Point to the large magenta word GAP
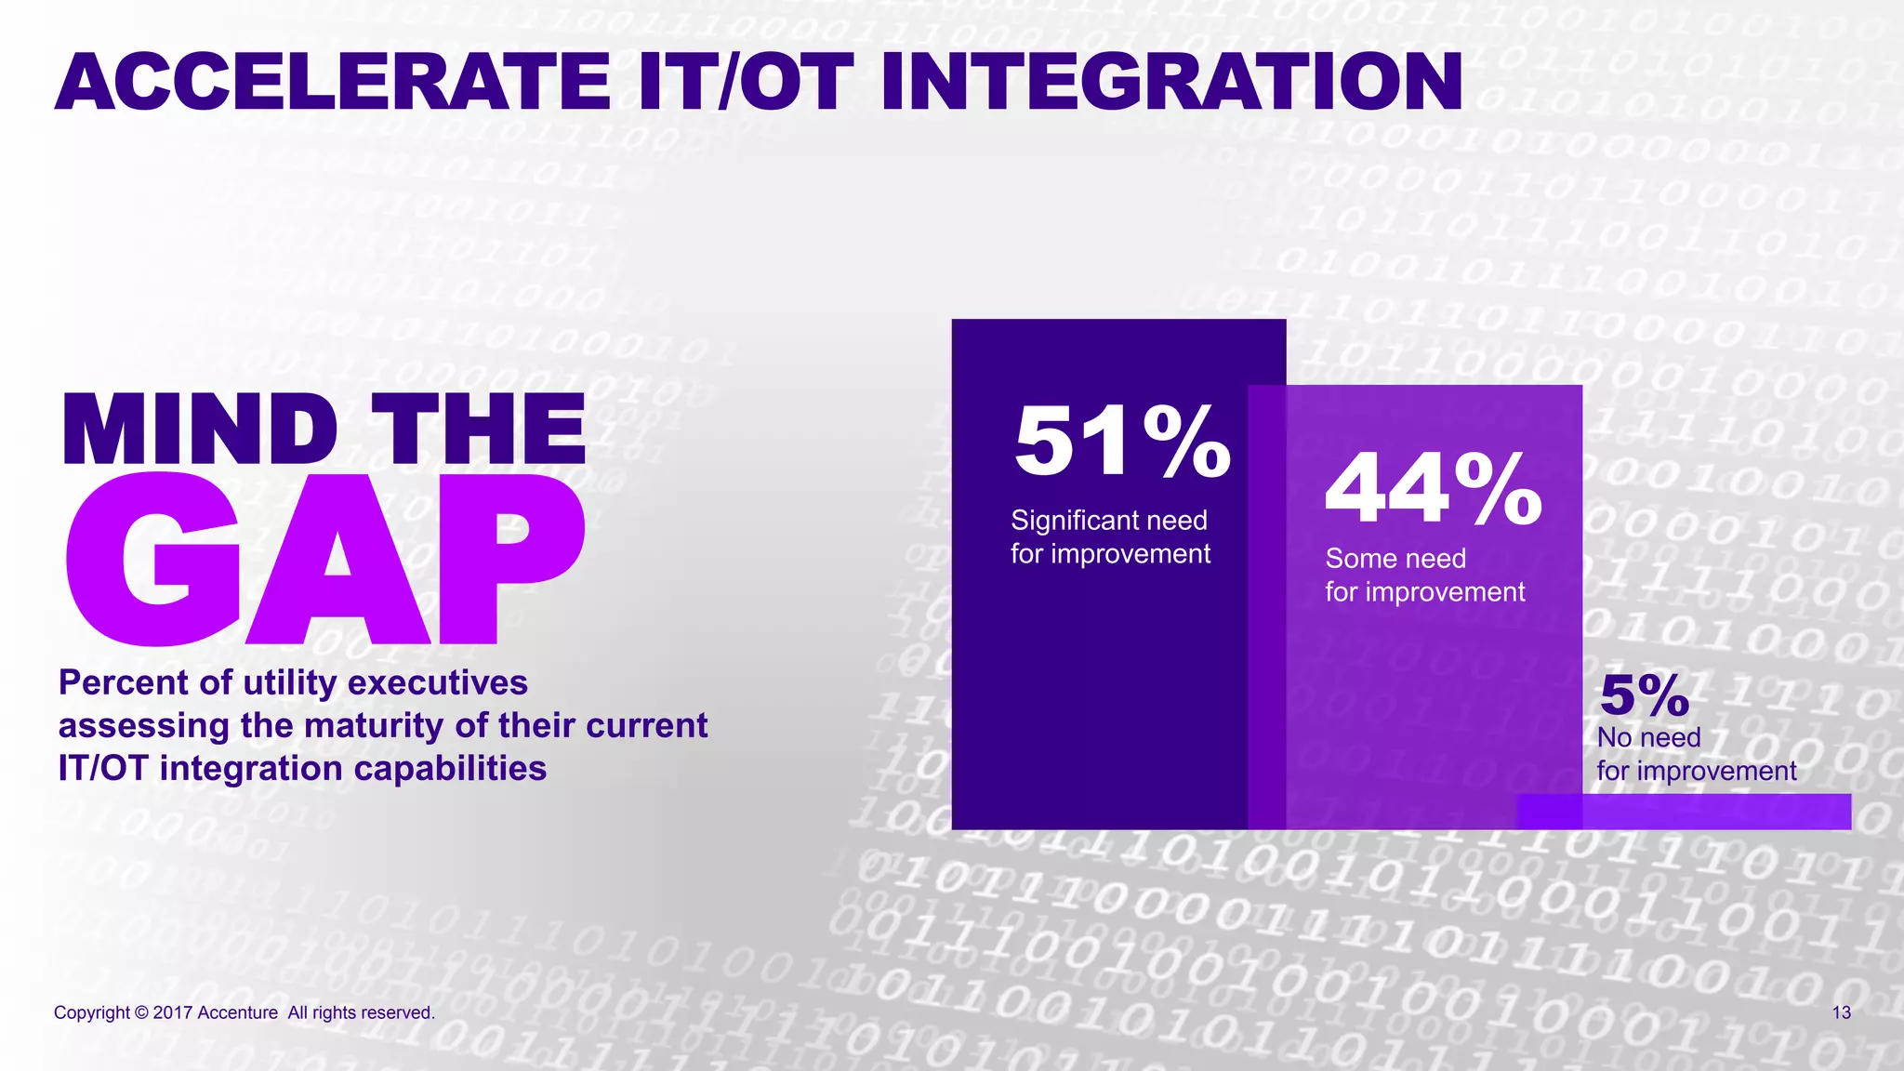pos(325,560)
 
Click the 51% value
pos(1122,442)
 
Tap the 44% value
pos(1434,489)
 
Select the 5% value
pos(1644,695)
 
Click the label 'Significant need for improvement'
pos(1110,537)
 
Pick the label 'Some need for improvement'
pos(1424,575)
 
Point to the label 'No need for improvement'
pos(1696,754)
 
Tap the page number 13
pos(1841,1012)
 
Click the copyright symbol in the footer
pos(141,1012)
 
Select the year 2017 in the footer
pos(172,1012)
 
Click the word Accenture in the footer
pos(237,1012)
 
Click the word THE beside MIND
pos(479,430)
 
